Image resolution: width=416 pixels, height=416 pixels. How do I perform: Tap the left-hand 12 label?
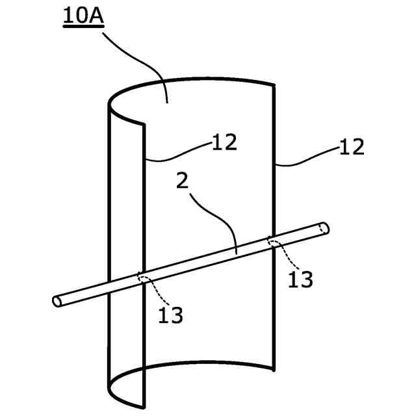(x=224, y=142)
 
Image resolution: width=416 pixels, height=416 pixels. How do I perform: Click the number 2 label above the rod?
(x=183, y=181)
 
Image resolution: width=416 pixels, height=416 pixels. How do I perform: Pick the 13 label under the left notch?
(x=170, y=315)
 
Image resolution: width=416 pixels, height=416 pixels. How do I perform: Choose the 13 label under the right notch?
(x=300, y=279)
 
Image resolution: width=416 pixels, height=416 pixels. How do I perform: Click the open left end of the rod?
(x=57, y=301)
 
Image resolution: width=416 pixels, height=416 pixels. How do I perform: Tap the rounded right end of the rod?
(x=324, y=227)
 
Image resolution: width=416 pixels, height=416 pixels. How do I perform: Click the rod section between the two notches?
(x=208, y=260)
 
